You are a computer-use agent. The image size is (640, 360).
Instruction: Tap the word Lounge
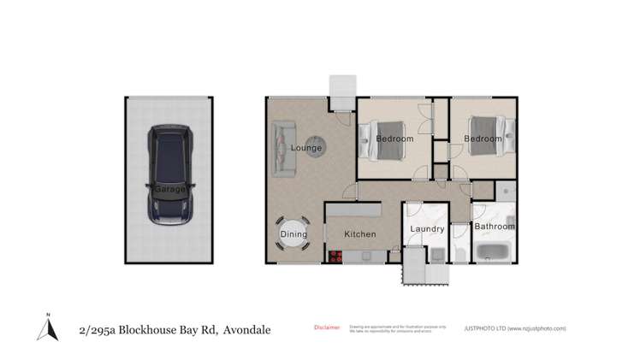pyautogui.click(x=306, y=148)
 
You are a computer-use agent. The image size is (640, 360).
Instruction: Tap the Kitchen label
pyautogui.click(x=360, y=233)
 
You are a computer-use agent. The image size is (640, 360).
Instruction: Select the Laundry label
pyautogui.click(x=427, y=229)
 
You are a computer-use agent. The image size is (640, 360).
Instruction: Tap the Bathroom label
pyautogui.click(x=495, y=227)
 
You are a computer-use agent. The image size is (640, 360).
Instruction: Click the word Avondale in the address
pyautogui.click(x=246, y=329)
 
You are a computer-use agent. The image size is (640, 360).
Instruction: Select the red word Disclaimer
pyautogui.click(x=327, y=327)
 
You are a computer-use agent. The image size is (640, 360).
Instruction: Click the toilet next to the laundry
pyautogui.click(x=460, y=253)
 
